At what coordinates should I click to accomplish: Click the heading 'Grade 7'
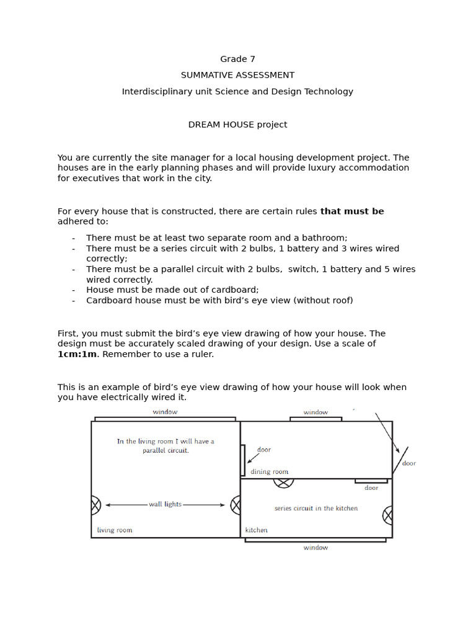coord(237,59)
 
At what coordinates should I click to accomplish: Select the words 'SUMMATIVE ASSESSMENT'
coord(237,75)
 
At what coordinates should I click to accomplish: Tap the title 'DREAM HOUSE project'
coord(237,125)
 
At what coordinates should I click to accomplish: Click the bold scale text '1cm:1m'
coord(77,354)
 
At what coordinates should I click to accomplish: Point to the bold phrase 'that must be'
coord(352,211)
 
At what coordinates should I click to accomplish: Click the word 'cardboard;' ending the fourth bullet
coord(236,290)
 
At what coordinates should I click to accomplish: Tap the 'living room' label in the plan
coord(115,530)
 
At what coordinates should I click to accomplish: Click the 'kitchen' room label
coord(257,530)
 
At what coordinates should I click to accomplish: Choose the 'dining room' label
coord(270,472)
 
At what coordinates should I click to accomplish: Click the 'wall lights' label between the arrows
coord(165,505)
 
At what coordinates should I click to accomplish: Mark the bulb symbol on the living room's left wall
coord(95,505)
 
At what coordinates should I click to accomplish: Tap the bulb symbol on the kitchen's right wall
coord(388,515)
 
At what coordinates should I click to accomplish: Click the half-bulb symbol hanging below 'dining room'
coord(283,482)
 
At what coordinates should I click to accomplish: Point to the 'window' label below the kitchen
coord(315,548)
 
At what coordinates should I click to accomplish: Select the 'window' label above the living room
coord(165,412)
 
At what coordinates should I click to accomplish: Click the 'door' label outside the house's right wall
coord(409,463)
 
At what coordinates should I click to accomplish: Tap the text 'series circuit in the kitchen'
coord(316,508)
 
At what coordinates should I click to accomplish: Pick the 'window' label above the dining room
coord(315,412)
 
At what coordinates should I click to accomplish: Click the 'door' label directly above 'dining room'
coord(264,450)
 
